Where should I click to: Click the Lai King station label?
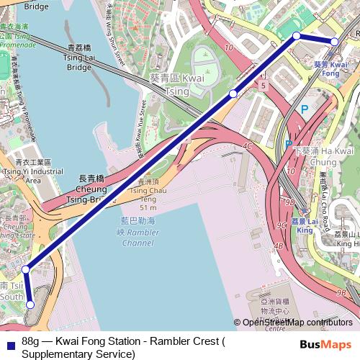point(305,225)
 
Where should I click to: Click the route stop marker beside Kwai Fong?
point(334,42)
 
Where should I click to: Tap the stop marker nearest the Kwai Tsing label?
point(233,94)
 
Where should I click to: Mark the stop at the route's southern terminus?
point(30,305)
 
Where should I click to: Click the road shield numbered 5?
point(264,86)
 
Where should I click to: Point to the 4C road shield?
point(247,145)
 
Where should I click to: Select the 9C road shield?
point(282,225)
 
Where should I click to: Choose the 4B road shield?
point(279,246)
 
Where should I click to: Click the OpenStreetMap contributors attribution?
point(296,323)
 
